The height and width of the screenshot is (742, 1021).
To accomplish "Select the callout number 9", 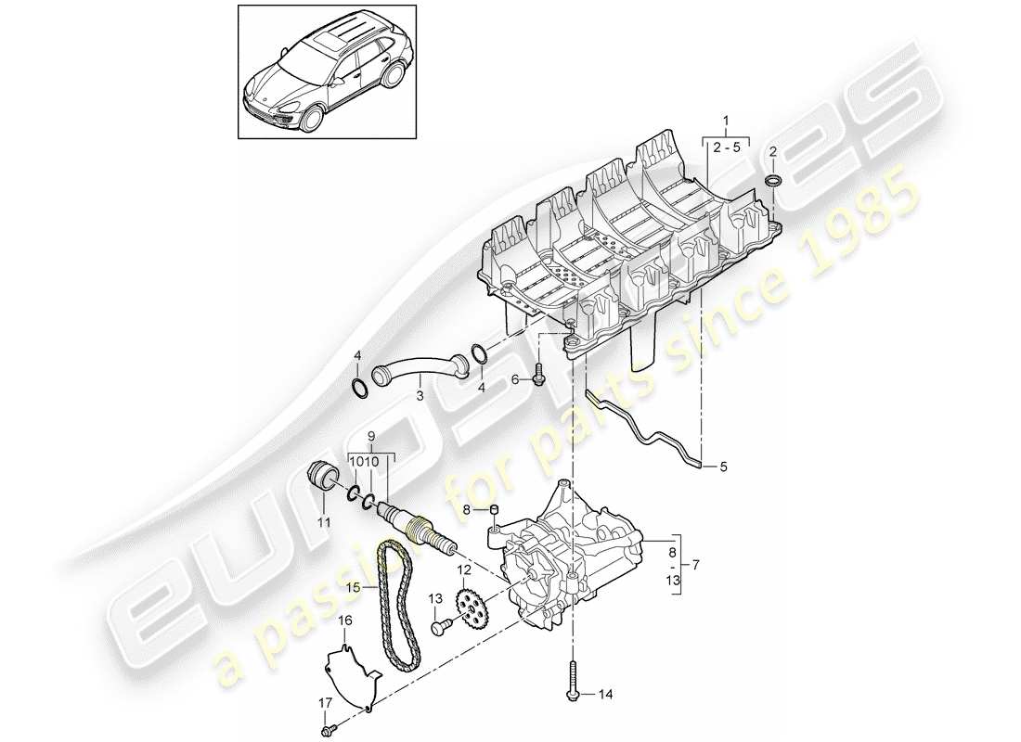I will click(372, 436).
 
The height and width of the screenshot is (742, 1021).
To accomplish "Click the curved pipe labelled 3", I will click(419, 369).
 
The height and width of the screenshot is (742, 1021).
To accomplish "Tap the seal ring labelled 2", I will click(772, 179).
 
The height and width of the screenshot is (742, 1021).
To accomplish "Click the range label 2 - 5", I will click(725, 147).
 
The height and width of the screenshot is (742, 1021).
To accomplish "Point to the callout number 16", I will click(344, 620).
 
